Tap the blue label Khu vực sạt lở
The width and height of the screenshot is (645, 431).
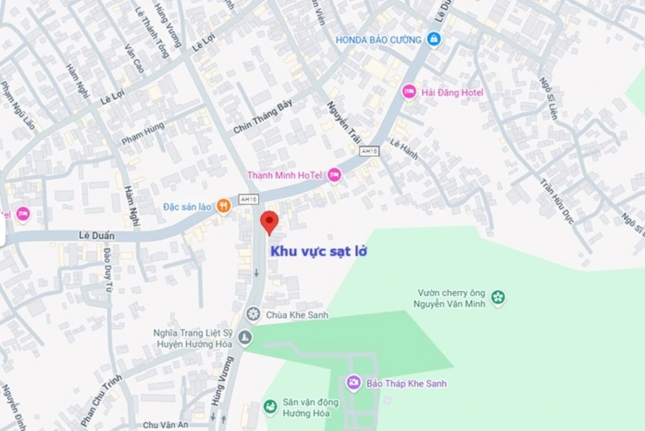point(318,251)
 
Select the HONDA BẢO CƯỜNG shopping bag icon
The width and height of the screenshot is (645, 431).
point(434,39)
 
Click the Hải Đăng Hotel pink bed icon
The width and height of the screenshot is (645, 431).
point(409,92)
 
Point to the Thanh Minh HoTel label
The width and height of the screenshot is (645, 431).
point(284,175)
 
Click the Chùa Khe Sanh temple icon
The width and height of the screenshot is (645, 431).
point(253,314)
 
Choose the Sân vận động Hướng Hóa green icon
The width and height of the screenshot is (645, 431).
point(270,406)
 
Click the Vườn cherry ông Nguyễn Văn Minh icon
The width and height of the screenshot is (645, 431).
point(498,297)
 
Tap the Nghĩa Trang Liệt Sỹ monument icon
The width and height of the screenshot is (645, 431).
point(245,337)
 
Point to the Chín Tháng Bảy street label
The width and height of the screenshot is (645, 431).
point(263,117)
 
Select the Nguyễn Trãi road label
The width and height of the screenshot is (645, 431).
point(344,122)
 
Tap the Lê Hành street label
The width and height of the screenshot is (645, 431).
point(404,149)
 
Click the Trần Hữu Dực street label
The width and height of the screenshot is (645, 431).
point(556,201)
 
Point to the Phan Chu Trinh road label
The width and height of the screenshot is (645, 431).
point(101,400)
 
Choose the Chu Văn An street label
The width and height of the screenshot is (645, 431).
point(165,425)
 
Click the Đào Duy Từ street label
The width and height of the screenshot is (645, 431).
point(107,270)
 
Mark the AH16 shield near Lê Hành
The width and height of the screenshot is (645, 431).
point(369,151)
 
